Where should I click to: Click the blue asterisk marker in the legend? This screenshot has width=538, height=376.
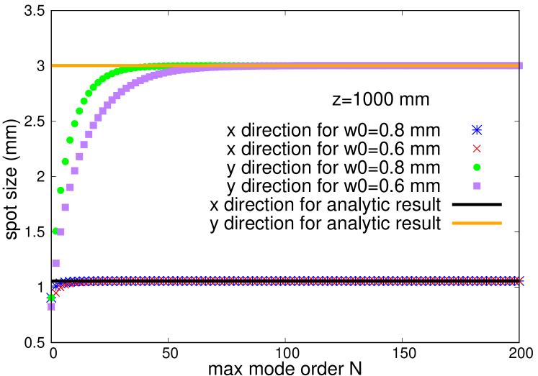pyautogui.click(x=477, y=130)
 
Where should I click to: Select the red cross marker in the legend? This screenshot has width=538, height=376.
pyautogui.click(x=477, y=149)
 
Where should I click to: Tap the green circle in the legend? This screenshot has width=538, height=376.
pyautogui.click(x=477, y=168)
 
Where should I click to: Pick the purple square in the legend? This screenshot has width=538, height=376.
pyautogui.click(x=477, y=186)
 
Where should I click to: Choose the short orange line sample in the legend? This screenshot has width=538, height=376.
pyautogui.click(x=477, y=223)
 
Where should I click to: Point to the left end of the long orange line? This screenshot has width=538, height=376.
pyautogui.click(x=53, y=65)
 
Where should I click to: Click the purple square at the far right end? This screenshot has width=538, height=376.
pyautogui.click(x=520, y=65)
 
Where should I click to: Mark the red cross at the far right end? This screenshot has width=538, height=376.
pyautogui.click(x=521, y=280)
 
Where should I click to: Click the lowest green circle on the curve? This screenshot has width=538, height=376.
pyautogui.click(x=51, y=298)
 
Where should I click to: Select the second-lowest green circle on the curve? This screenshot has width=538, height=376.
pyautogui.click(x=55, y=231)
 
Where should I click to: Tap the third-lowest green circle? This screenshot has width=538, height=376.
pyautogui.click(x=60, y=191)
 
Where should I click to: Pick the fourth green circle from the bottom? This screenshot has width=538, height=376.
pyautogui.click(x=66, y=162)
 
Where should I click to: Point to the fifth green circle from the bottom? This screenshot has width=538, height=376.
pyautogui.click(x=70, y=140)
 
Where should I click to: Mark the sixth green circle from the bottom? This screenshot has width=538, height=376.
pyautogui.click(x=75, y=124)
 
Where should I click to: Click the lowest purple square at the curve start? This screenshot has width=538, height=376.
pyautogui.click(x=51, y=306)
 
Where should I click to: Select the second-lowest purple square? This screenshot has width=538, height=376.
pyautogui.click(x=55, y=263)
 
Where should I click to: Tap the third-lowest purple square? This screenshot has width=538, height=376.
pyautogui.click(x=60, y=231)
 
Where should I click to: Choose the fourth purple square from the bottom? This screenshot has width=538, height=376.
pyautogui.click(x=66, y=207)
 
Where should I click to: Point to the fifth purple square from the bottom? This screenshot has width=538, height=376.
pyautogui.click(x=70, y=187)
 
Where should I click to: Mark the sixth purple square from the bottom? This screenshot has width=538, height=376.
pyautogui.click(x=75, y=170)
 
